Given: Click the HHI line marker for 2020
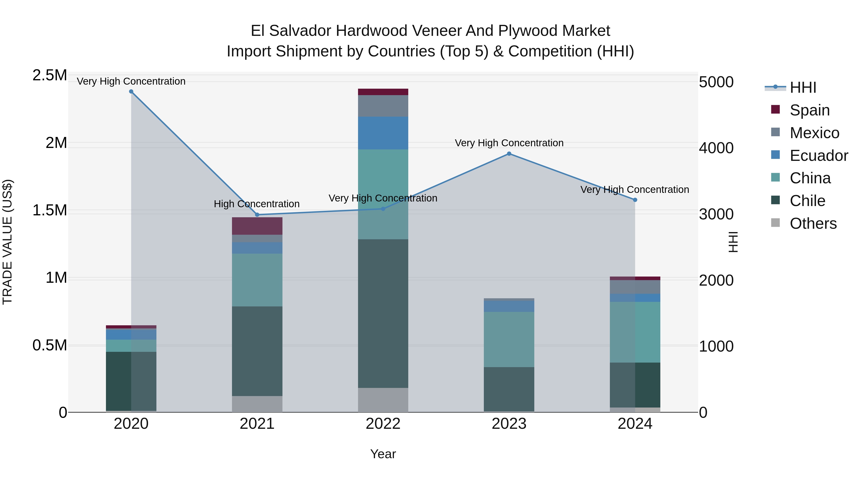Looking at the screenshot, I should (x=131, y=92).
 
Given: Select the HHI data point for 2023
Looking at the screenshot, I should (x=509, y=154).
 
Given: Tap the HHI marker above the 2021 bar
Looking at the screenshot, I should (x=257, y=215).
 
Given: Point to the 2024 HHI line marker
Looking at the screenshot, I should (x=635, y=200).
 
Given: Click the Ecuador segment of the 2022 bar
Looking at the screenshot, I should (x=383, y=133).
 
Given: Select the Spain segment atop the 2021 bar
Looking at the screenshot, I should (x=257, y=226).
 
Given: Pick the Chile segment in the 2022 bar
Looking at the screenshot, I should (x=383, y=313).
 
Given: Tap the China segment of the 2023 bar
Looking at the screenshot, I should (x=509, y=339).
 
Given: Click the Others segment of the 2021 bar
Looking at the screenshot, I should (x=257, y=404).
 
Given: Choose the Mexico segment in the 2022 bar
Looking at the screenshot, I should (x=383, y=106).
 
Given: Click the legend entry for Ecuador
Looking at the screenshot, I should (x=819, y=156).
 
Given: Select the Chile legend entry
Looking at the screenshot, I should (x=807, y=201).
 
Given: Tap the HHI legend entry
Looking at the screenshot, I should (x=803, y=87).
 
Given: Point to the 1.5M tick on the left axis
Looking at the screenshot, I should (x=50, y=210).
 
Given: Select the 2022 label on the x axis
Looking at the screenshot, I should (x=383, y=424).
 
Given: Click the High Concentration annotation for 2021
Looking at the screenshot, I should (x=257, y=204).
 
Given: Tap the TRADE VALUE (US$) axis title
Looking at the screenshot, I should (x=7, y=242).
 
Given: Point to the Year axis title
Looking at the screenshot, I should (x=383, y=454).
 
